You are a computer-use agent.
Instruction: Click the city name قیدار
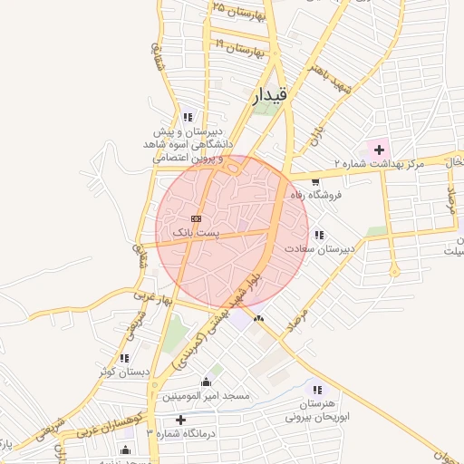coord(270,93)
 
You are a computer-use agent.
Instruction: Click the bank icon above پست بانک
coord(197,219)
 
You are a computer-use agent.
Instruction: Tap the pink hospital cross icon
coord(379,149)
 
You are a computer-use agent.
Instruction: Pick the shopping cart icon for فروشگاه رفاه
coord(314,182)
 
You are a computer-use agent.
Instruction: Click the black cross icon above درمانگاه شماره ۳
coord(182,420)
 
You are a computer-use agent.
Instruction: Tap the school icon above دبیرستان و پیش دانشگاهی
coord(188,117)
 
